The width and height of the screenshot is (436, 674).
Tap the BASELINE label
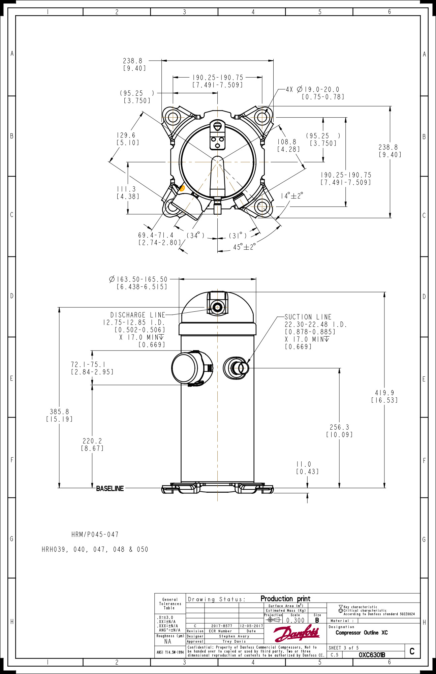pyautogui.click(x=110, y=488)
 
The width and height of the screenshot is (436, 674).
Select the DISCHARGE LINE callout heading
pyautogui.click(x=138, y=315)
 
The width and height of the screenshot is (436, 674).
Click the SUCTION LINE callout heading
pyautogui.click(x=308, y=317)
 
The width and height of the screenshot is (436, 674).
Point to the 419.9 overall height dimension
pyautogui.click(x=384, y=393)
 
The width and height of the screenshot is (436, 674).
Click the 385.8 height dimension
pyautogui.click(x=59, y=412)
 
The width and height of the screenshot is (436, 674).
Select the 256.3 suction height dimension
pyautogui.click(x=339, y=427)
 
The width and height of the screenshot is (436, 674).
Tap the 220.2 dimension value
pyautogui.click(x=92, y=441)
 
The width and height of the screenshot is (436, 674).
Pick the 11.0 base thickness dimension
pyautogui.click(x=304, y=464)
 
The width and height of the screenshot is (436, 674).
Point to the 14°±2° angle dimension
pyautogui.click(x=292, y=196)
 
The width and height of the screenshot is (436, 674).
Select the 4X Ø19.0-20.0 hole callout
pyautogui.click(x=312, y=90)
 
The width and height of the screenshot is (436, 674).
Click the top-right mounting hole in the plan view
pyautogui.click(x=262, y=117)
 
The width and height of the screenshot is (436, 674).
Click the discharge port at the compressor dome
pyautogui.click(x=217, y=307)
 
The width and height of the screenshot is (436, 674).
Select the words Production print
pyautogui.click(x=285, y=599)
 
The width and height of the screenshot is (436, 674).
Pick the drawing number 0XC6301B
pyautogui.click(x=372, y=655)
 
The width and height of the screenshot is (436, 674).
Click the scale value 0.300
pyautogui.click(x=295, y=620)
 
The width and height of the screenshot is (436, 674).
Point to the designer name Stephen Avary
pyautogui.click(x=234, y=636)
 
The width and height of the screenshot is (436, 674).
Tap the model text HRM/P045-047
pyautogui.click(x=95, y=534)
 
